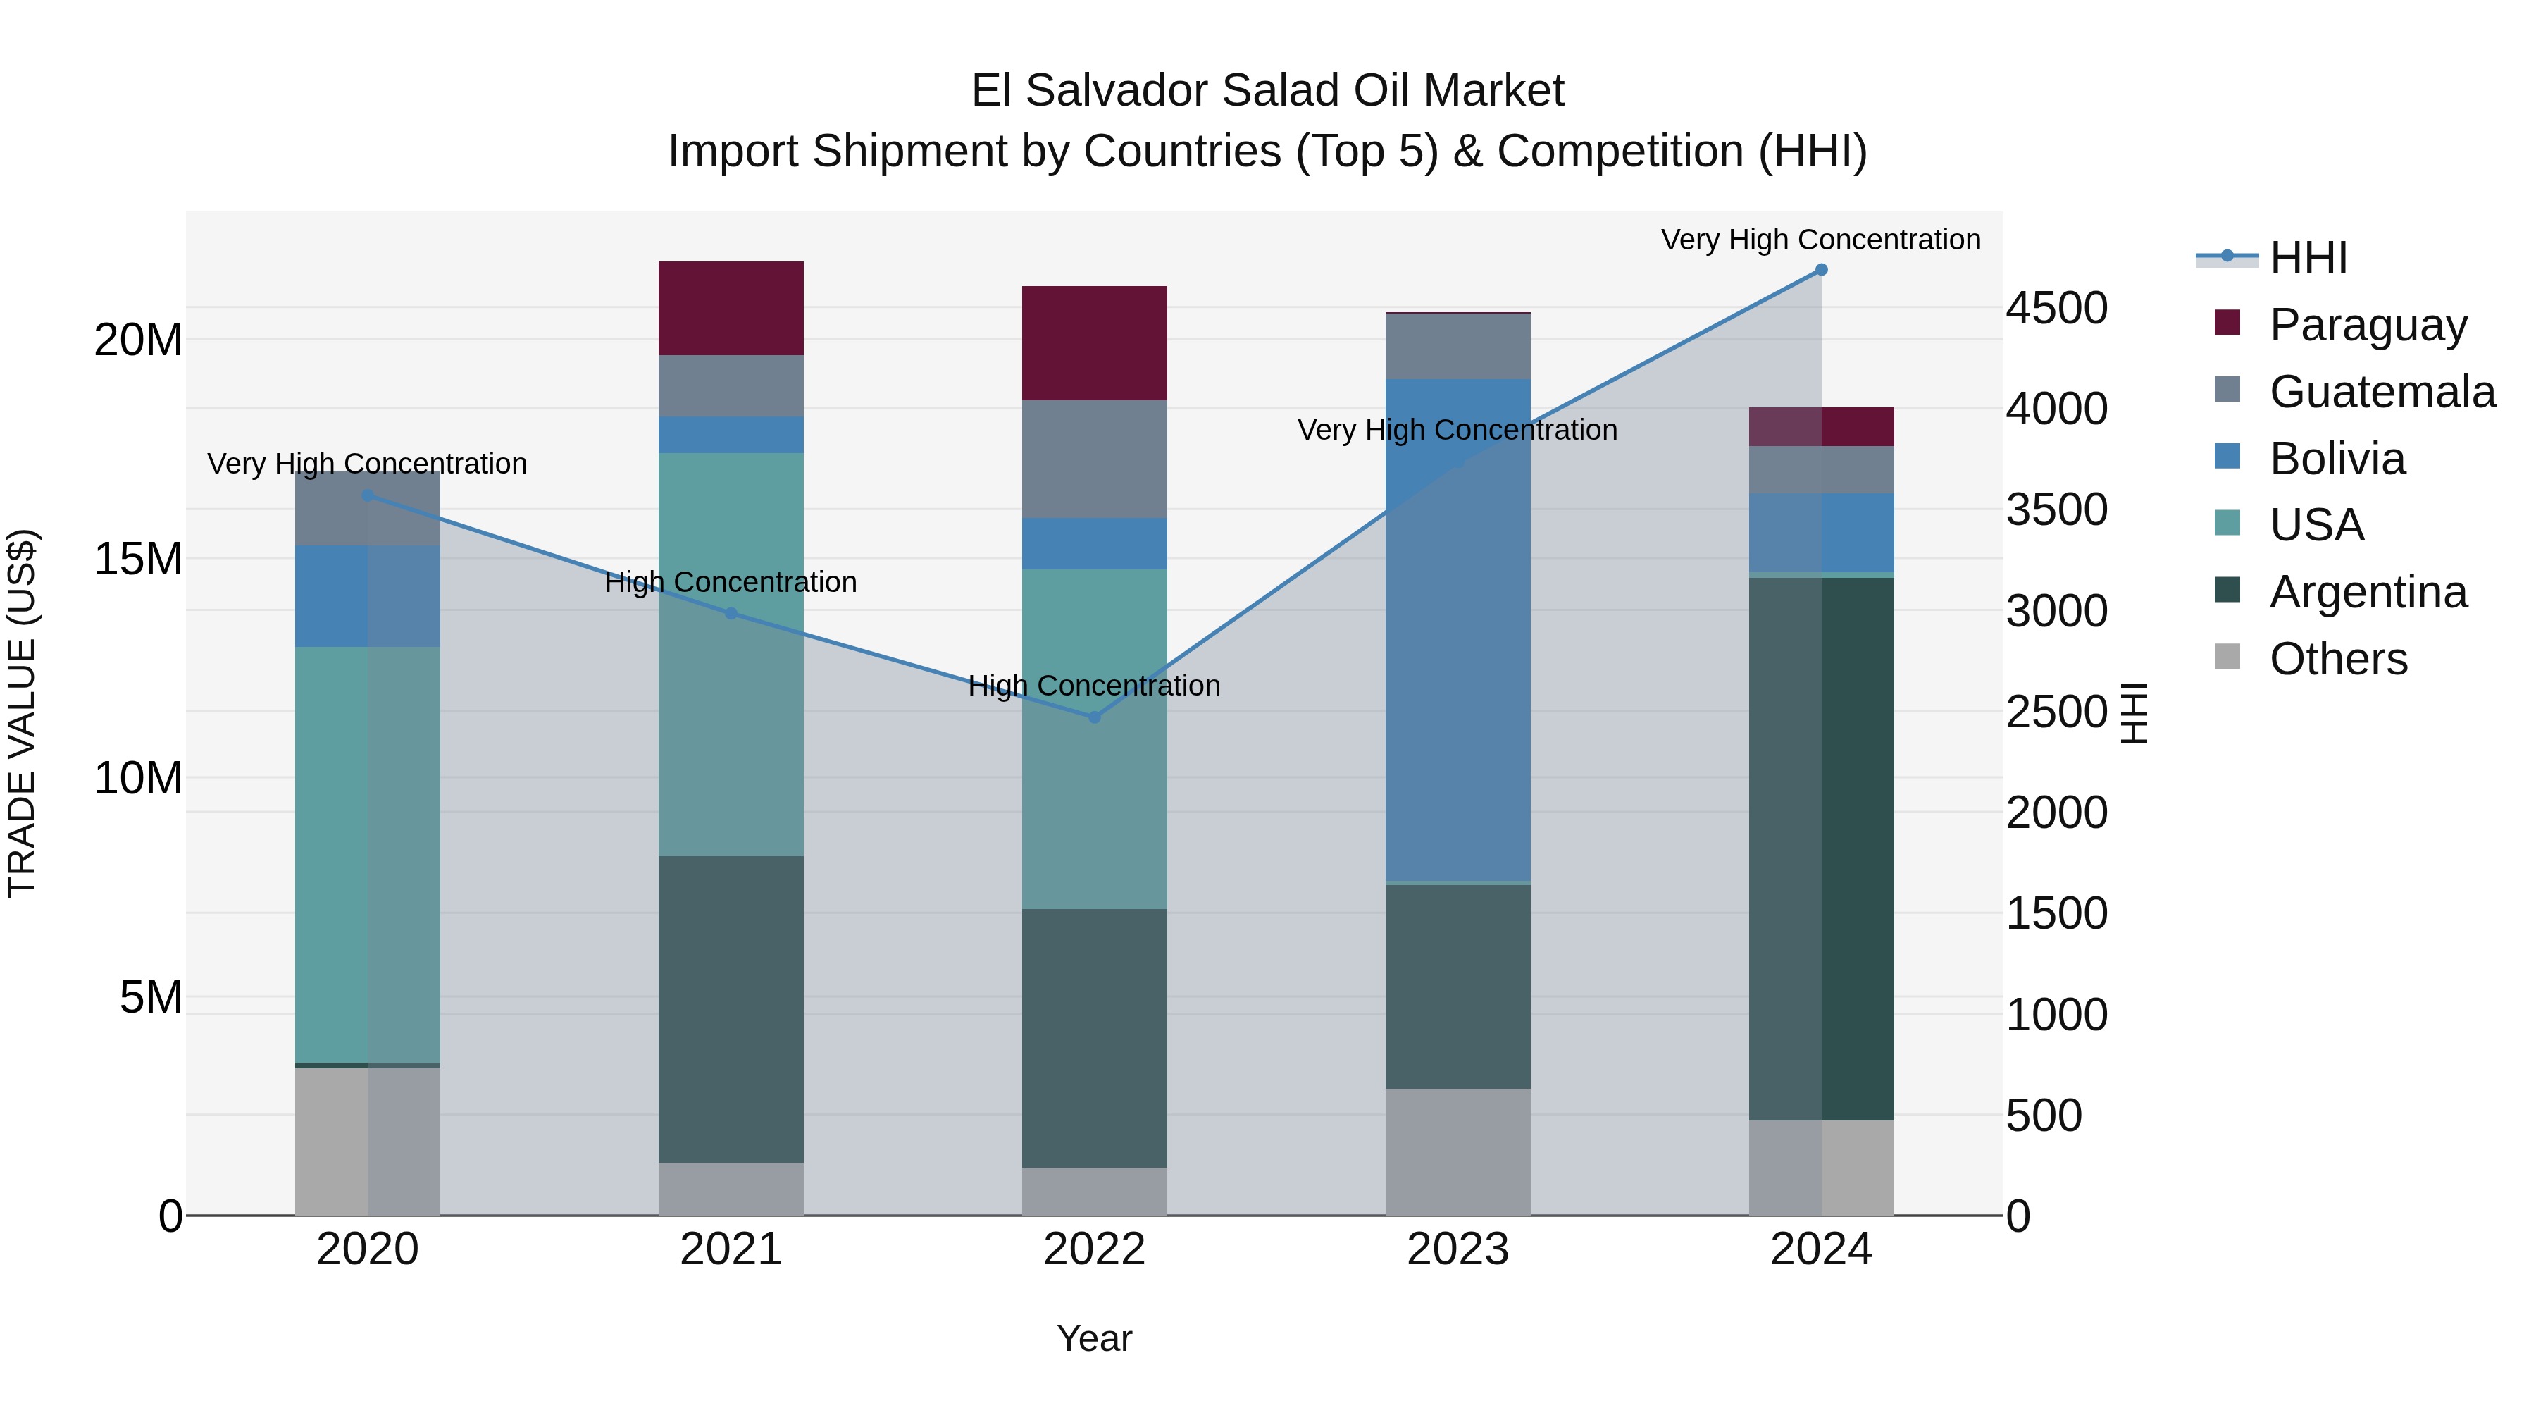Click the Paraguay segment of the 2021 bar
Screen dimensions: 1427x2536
coord(731,308)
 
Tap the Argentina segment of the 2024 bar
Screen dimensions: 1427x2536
coord(1821,847)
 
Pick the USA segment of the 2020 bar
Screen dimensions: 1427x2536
coord(367,854)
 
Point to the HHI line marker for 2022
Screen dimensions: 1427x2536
coord(1094,717)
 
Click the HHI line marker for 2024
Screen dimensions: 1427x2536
coord(1821,270)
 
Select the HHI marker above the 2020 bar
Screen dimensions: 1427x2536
coord(367,495)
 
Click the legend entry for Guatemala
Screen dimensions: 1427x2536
coord(2382,392)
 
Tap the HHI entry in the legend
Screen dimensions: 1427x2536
coord(2308,258)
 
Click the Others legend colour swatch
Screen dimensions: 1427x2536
coord(2227,657)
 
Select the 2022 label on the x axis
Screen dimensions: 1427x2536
coord(1094,1249)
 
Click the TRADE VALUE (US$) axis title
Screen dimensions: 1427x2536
coord(22,713)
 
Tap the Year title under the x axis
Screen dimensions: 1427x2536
coord(1094,1338)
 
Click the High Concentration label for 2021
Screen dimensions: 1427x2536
coord(731,582)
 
